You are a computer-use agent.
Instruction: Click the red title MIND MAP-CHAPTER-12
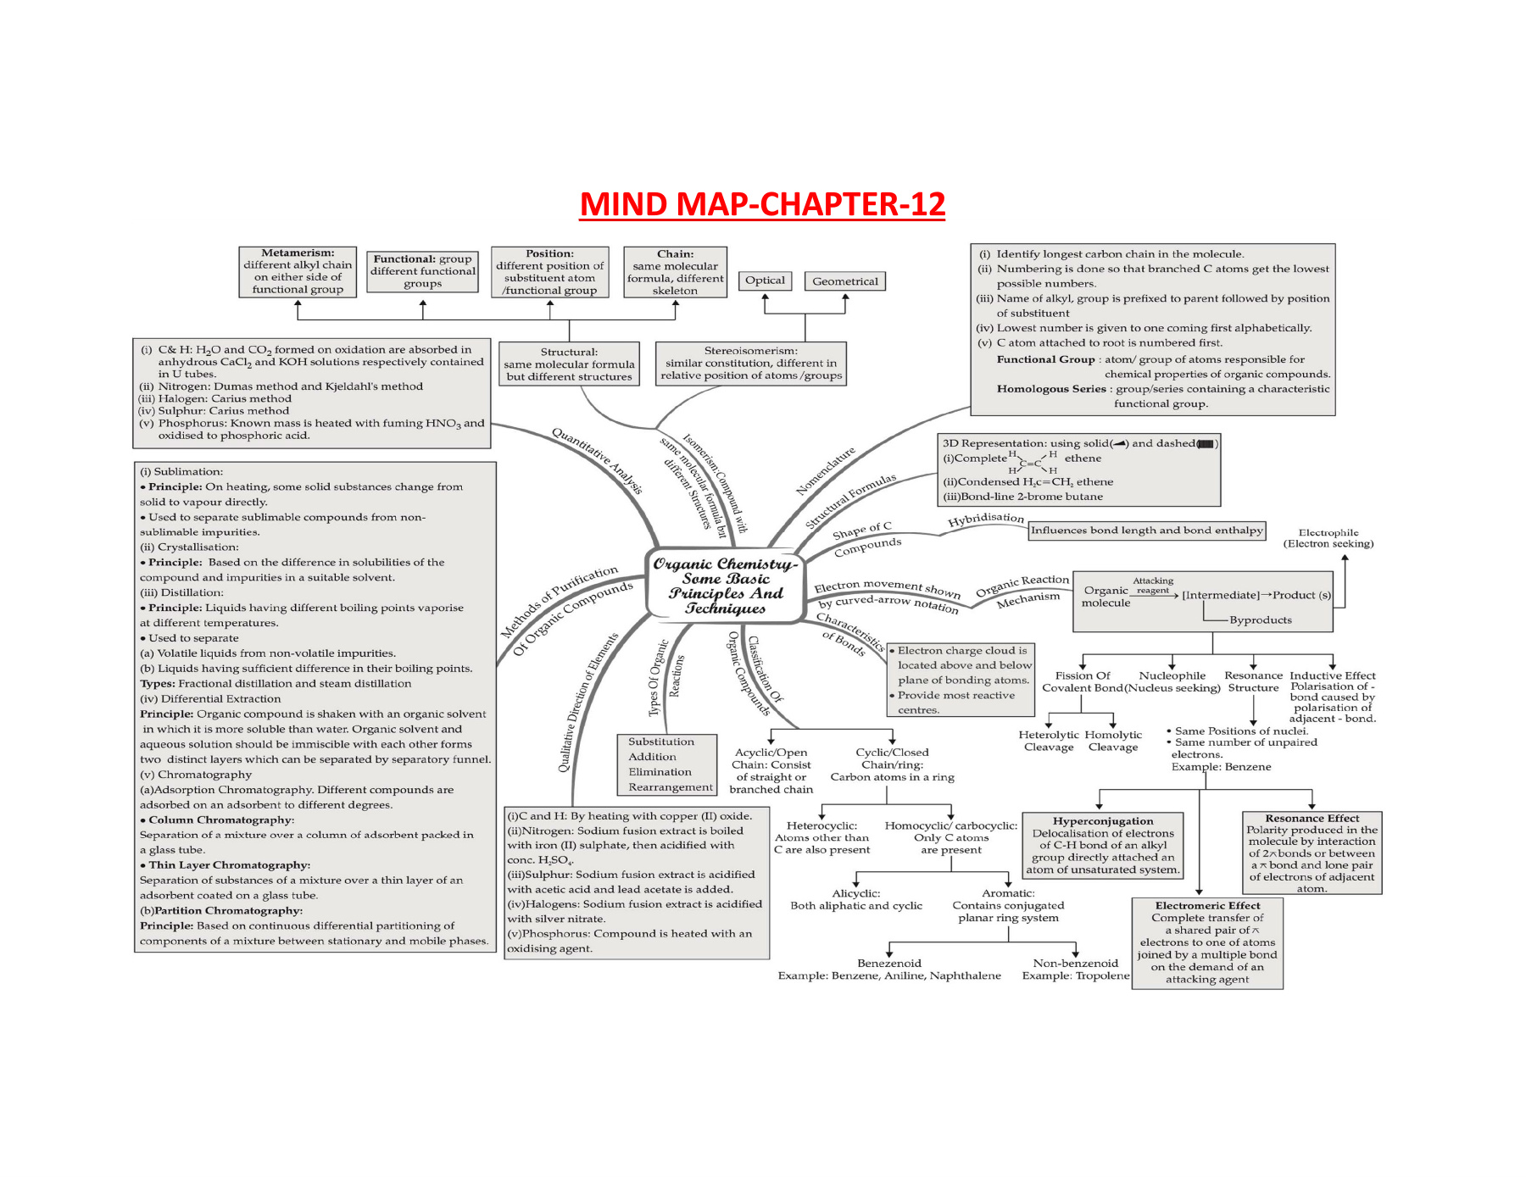pyautogui.click(x=762, y=205)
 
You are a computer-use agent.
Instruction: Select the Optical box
pyautogui.click(x=765, y=281)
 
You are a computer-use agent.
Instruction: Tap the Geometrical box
pyautogui.click(x=844, y=281)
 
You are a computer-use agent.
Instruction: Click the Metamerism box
pyautogui.click(x=298, y=271)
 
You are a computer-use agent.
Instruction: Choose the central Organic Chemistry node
pyautogui.click(x=725, y=586)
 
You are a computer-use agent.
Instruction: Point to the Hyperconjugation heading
pyautogui.click(x=1102, y=820)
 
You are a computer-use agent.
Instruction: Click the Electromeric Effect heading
pyautogui.click(x=1207, y=905)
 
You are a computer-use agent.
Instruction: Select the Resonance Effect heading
pyautogui.click(x=1312, y=818)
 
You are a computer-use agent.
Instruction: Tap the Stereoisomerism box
pyautogui.click(x=751, y=363)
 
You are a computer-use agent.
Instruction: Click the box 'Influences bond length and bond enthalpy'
pyautogui.click(x=1146, y=531)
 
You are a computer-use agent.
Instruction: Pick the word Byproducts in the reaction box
pyautogui.click(x=1260, y=620)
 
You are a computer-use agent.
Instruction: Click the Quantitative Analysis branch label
pyautogui.click(x=597, y=460)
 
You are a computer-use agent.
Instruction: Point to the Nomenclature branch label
pyautogui.click(x=826, y=471)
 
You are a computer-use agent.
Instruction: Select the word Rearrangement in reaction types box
pyautogui.click(x=671, y=787)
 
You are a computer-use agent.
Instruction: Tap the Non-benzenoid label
pyautogui.click(x=1075, y=963)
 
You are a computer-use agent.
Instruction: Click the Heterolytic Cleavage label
pyautogui.click(x=1049, y=741)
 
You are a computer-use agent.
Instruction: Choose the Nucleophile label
pyautogui.click(x=1172, y=675)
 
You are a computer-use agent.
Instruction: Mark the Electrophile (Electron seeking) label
pyautogui.click(x=1328, y=538)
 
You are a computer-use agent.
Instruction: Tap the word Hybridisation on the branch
pyautogui.click(x=985, y=519)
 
